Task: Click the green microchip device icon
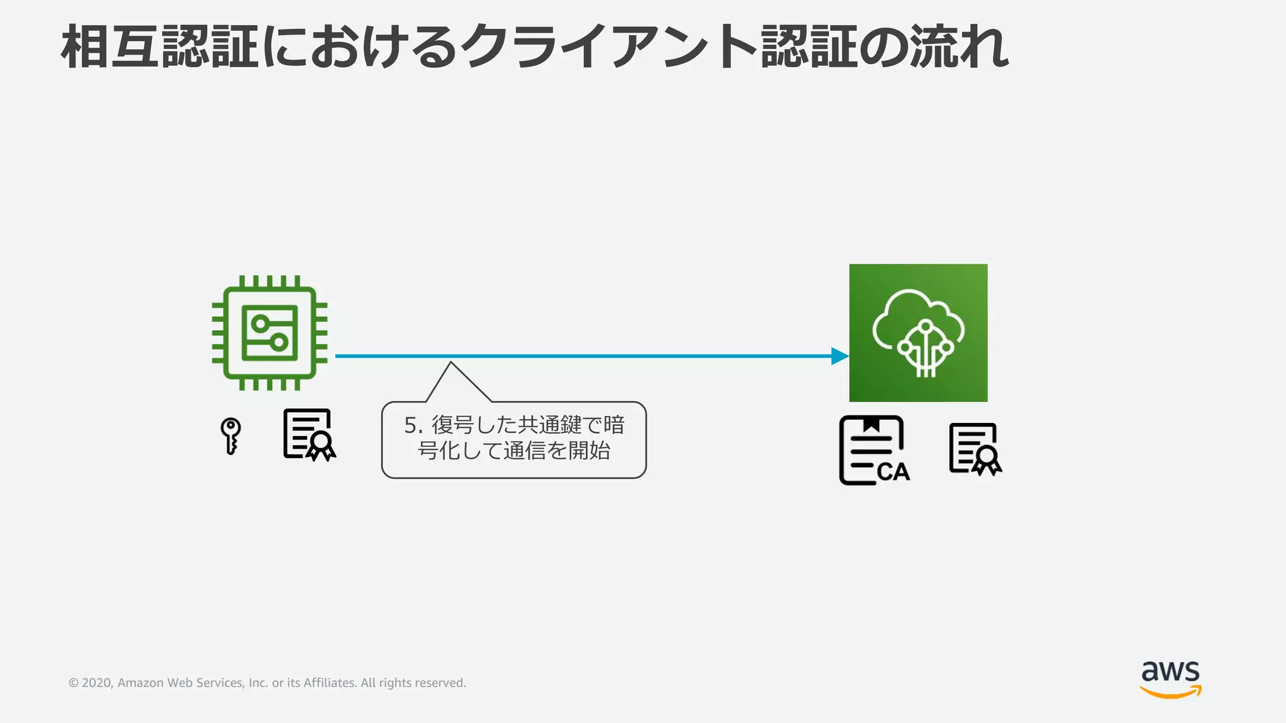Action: pyautogui.click(x=269, y=333)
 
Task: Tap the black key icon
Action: pyautogui.click(x=230, y=435)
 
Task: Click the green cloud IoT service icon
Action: pyautogui.click(x=918, y=333)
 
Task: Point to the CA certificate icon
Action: pyautogui.click(x=873, y=451)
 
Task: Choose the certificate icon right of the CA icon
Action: pyautogui.click(x=975, y=449)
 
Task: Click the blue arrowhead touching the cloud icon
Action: pyautogui.click(x=840, y=356)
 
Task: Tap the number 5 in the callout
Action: pyautogui.click(x=411, y=426)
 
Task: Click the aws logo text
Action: pyautogui.click(x=1170, y=672)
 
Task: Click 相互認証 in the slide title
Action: pyautogui.click(x=159, y=47)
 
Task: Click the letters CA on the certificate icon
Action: pyautogui.click(x=893, y=471)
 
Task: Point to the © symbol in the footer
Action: pyautogui.click(x=73, y=683)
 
